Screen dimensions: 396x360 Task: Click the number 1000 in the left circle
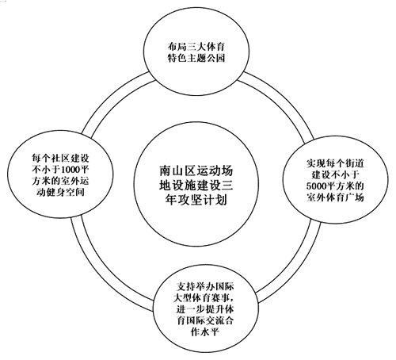pyautogui.click(x=70, y=169)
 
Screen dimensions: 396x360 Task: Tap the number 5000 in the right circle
pyautogui.click(x=316, y=186)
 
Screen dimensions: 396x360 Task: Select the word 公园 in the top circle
pyautogui.click(x=215, y=58)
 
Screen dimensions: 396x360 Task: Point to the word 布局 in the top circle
pyautogui.click(x=177, y=47)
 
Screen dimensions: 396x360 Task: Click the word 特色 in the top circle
pyautogui.click(x=177, y=58)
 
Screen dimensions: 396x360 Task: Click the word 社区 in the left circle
pyautogui.click(x=60, y=158)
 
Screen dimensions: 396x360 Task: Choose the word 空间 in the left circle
pyautogui.click(x=74, y=192)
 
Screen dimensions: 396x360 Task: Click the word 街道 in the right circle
pyautogui.click(x=354, y=163)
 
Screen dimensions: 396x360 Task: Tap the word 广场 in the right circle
pyautogui.click(x=354, y=197)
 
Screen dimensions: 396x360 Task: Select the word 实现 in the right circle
pyautogui.click(x=316, y=163)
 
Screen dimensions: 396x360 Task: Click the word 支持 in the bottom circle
pyautogui.click(x=186, y=286)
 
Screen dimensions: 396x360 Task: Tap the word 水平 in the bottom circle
pyautogui.click(x=209, y=331)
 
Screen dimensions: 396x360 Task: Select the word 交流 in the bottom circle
pyautogui.click(x=215, y=320)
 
